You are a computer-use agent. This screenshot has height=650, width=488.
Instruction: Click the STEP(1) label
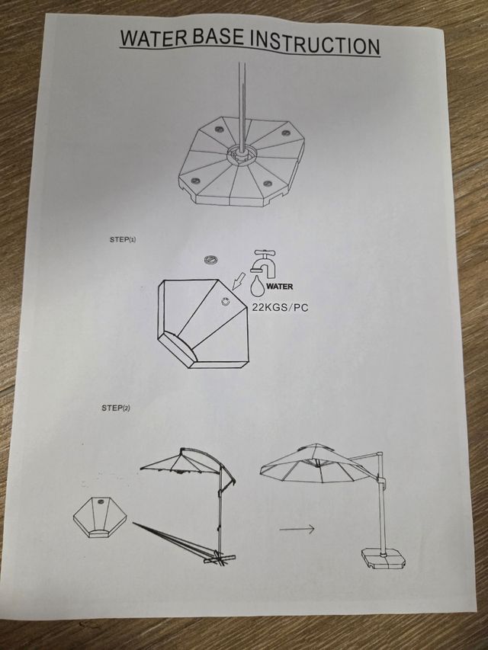click(x=122, y=240)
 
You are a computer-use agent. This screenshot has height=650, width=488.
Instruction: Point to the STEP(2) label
click(x=116, y=408)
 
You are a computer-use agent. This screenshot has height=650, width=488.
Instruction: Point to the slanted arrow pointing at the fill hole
click(x=239, y=283)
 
